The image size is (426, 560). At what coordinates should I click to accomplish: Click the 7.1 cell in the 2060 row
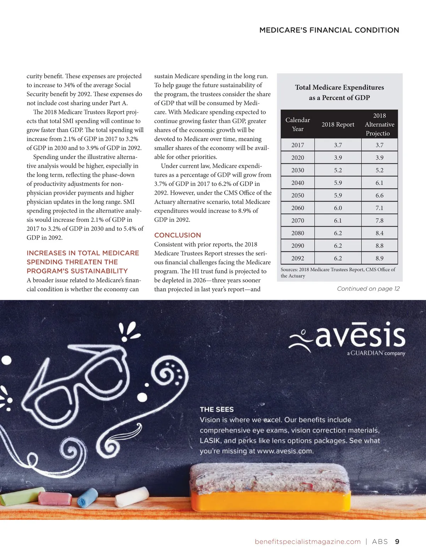click(379, 208)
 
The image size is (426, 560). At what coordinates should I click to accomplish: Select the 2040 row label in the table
click(297, 183)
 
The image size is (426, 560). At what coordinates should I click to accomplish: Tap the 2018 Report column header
click(338, 124)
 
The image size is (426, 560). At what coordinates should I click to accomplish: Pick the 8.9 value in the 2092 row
click(379, 258)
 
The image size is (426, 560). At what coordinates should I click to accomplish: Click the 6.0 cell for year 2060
click(338, 208)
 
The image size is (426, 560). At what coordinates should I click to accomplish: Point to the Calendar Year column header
click(297, 124)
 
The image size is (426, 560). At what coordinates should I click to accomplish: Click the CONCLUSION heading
click(177, 235)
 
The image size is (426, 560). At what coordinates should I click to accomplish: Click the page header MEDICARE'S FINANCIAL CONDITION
click(329, 30)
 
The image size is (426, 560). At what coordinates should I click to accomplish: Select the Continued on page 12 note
click(368, 289)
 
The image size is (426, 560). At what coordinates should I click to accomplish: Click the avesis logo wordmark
click(359, 336)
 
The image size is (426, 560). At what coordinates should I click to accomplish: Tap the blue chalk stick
click(87, 497)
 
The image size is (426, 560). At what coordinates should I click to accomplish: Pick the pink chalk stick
click(55, 498)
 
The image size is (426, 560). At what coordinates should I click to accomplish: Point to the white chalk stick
click(132, 496)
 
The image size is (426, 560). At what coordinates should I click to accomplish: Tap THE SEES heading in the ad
click(217, 410)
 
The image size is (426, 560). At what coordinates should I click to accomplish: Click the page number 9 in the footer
click(397, 542)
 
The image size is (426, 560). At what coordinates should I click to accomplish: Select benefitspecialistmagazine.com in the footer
click(307, 542)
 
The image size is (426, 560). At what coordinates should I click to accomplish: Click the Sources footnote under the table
click(338, 272)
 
